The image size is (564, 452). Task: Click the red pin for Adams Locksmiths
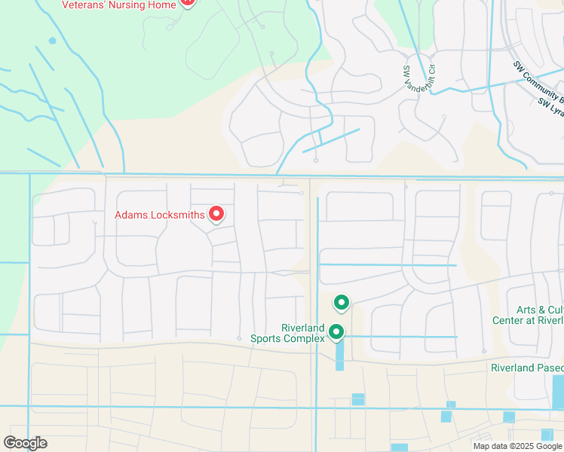pos(216,214)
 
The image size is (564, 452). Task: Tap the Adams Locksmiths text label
pos(159,215)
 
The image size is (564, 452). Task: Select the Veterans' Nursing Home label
pos(118,5)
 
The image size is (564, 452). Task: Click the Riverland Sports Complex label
pos(287,333)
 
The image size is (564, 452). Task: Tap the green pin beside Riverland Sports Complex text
pos(336,331)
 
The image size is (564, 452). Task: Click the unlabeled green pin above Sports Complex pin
pos(342,302)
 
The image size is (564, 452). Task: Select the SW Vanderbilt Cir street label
pos(418,75)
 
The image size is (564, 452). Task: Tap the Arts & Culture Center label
pos(528,315)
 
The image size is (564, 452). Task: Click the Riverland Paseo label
pos(526,368)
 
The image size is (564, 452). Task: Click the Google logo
pos(25,443)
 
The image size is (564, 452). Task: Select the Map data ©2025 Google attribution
pos(517,446)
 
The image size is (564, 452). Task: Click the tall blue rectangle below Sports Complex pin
pos(339,354)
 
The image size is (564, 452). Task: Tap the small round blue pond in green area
pos(52,41)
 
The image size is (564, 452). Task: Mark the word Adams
pos(129,215)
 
